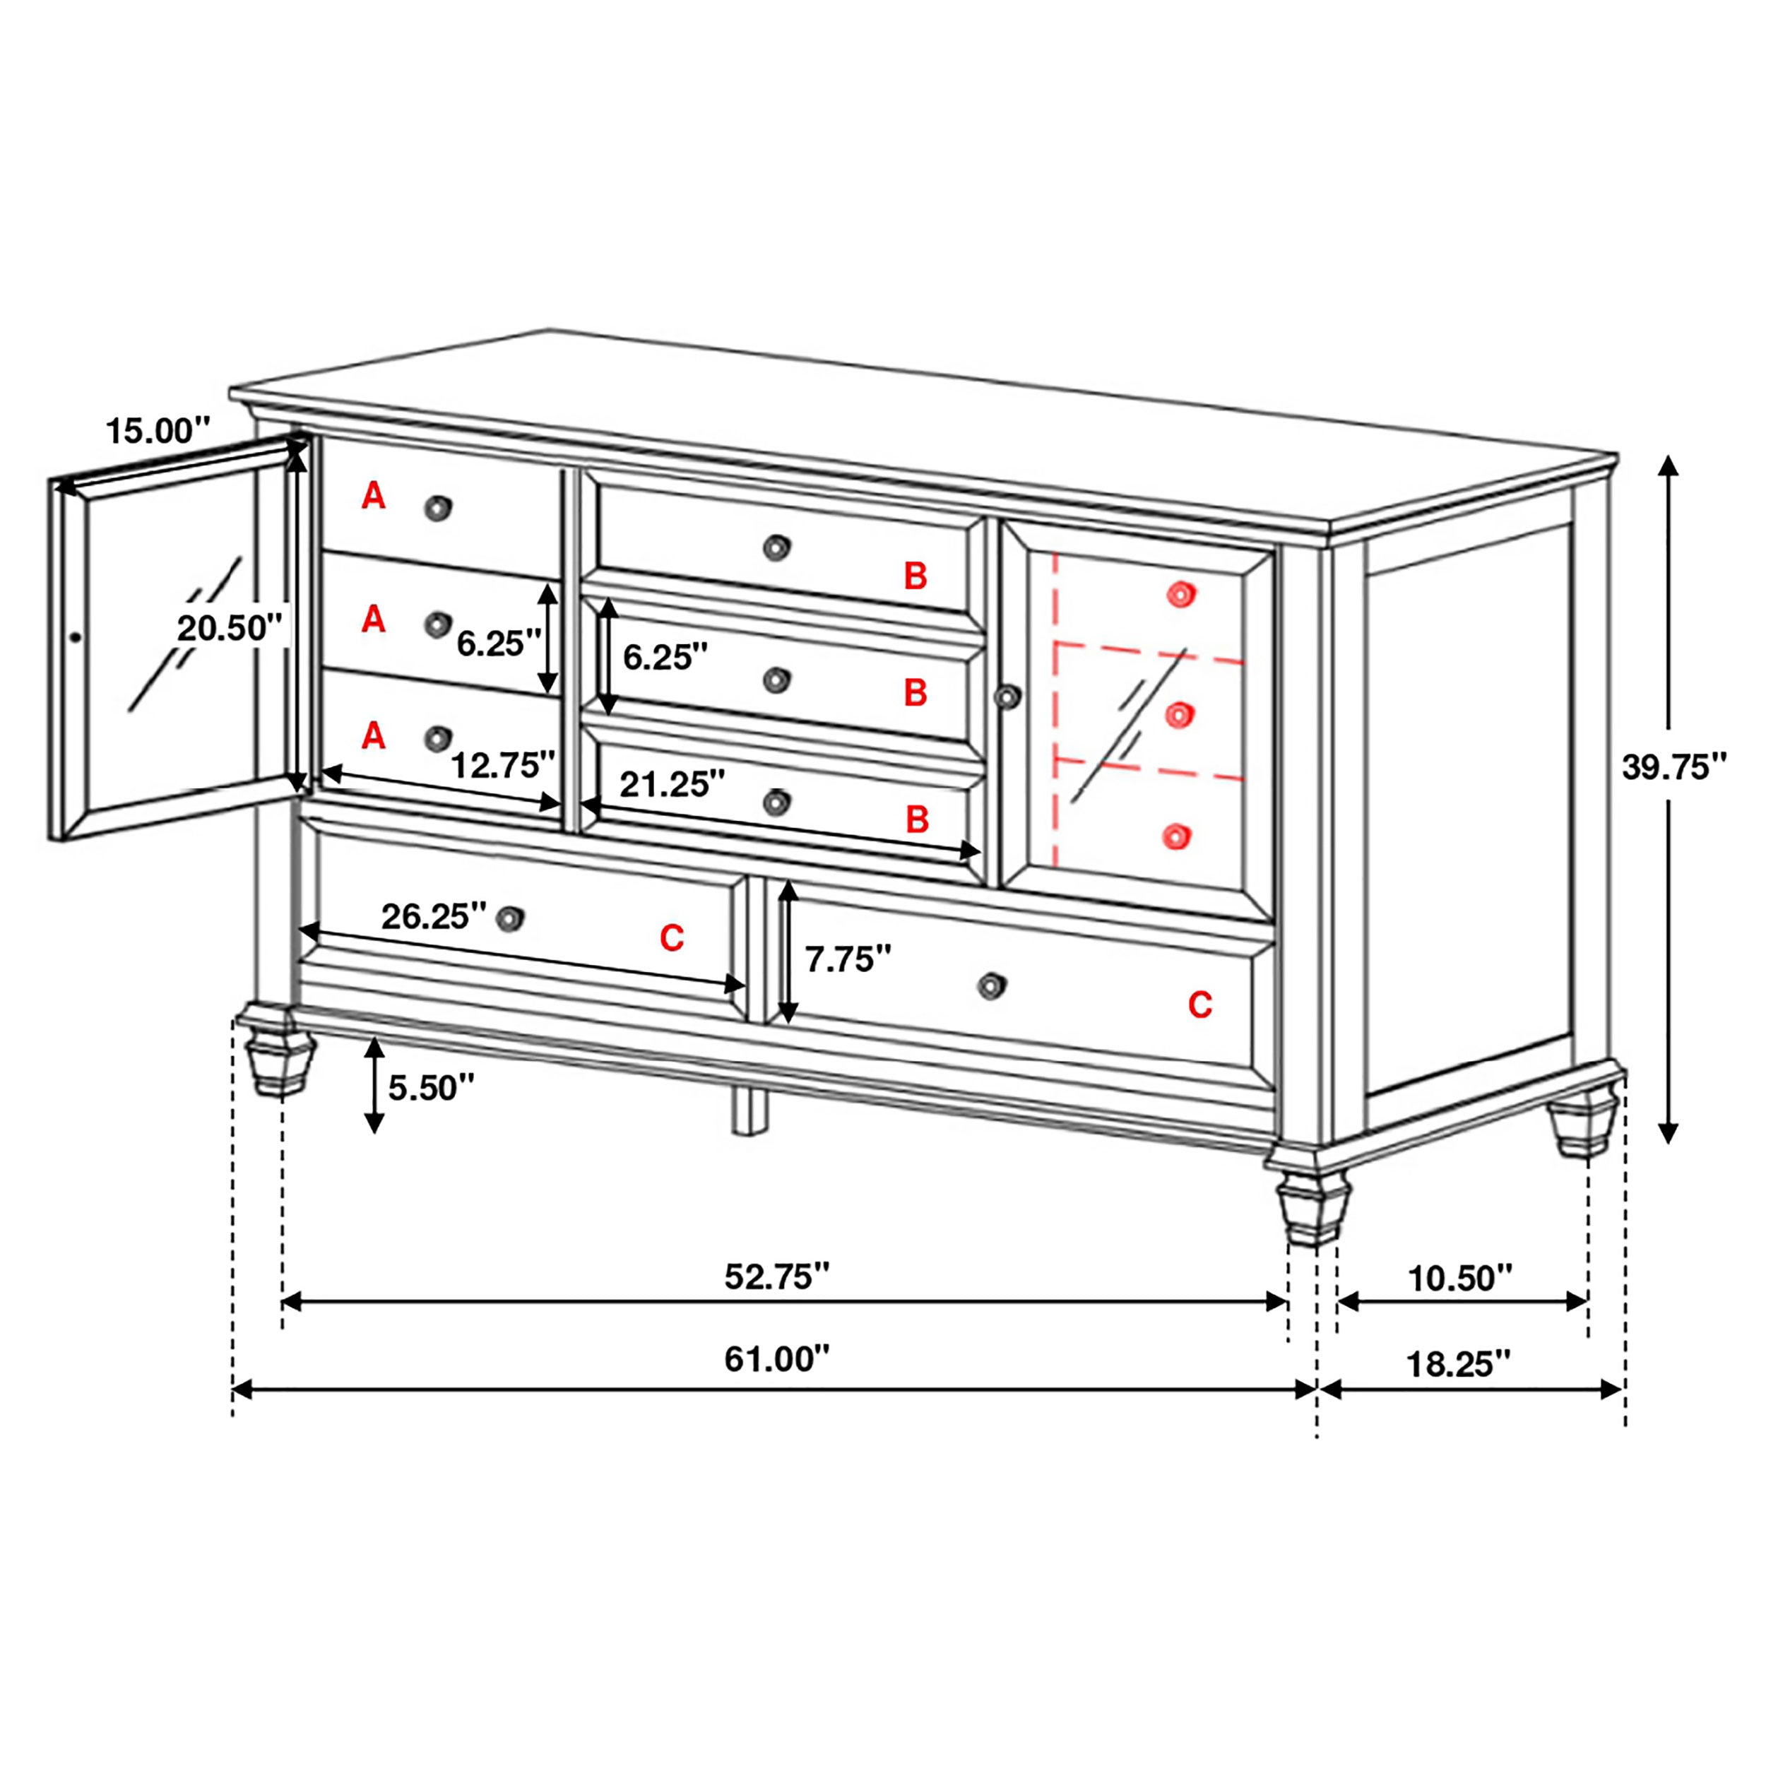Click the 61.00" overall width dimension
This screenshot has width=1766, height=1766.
pyautogui.click(x=776, y=1359)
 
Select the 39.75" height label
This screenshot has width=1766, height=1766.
pyautogui.click(x=1675, y=768)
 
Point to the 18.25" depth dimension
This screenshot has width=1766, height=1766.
pyautogui.click(x=1457, y=1364)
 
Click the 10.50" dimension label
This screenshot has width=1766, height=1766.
pyautogui.click(x=1460, y=1278)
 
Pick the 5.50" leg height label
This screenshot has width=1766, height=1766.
pyautogui.click(x=432, y=1088)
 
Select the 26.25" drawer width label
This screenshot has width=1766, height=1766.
pyautogui.click(x=433, y=916)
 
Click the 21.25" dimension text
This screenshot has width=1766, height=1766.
pyautogui.click(x=672, y=784)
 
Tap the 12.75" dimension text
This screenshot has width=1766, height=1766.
pyautogui.click(x=503, y=765)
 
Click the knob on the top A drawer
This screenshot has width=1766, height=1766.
pyautogui.click(x=438, y=508)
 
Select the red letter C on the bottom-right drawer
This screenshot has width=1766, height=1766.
pyautogui.click(x=1199, y=1005)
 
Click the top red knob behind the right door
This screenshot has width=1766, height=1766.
pyautogui.click(x=1180, y=595)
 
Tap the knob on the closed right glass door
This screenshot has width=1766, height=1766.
pyautogui.click(x=1007, y=697)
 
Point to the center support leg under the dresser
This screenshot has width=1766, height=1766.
pyautogui.click(x=750, y=1110)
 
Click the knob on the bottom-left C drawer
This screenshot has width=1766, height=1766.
pyautogui.click(x=510, y=918)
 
